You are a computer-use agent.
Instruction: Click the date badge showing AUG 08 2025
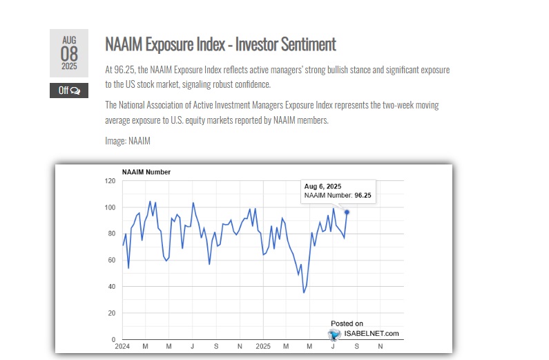[69, 53]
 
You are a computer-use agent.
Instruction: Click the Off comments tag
[69, 91]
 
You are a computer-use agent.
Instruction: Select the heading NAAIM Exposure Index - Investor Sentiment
[220, 45]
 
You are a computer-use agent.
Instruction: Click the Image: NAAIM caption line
[128, 141]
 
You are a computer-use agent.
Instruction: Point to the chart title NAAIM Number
[146, 172]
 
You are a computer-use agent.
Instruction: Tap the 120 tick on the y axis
[110, 181]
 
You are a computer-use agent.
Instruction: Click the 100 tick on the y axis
[110, 207]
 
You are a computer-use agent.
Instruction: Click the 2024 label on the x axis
[123, 345]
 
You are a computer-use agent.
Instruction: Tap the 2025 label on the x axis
[263, 345]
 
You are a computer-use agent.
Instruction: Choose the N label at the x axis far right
[381, 345]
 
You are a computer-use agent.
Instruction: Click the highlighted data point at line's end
[347, 212]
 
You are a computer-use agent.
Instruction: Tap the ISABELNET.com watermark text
[372, 334]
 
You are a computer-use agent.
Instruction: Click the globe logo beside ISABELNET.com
[335, 334]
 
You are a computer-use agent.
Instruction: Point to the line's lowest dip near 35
[304, 292]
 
